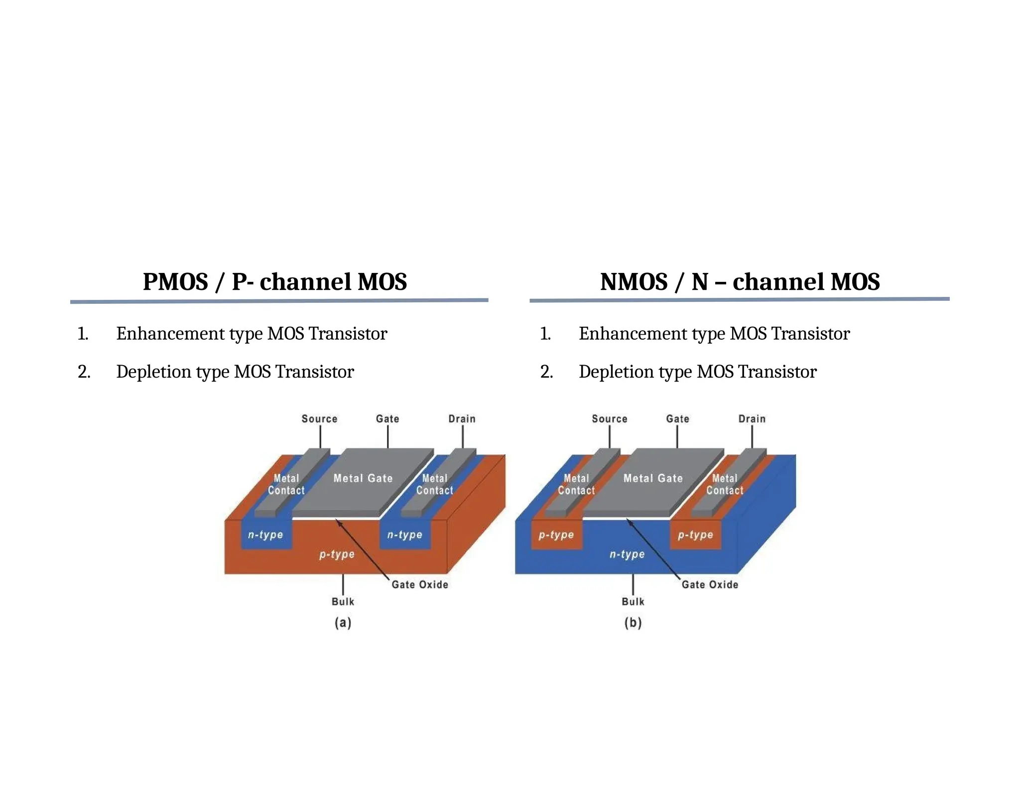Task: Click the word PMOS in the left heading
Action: pos(175,282)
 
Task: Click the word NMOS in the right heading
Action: pos(634,282)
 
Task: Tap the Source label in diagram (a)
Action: pos(319,419)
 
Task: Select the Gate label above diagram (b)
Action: pos(677,419)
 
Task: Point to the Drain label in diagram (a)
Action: pos(462,419)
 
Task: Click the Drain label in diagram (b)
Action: pos(752,419)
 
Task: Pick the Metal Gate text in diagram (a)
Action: pos(363,478)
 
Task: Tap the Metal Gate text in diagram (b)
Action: pos(653,478)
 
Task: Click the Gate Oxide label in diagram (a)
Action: pos(420,585)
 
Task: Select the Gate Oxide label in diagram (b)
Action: pos(710,585)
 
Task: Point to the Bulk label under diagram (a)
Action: pos(343,602)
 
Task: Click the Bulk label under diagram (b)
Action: pos(633,602)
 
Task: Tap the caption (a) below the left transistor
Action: pos(343,623)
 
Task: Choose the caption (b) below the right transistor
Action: pos(633,623)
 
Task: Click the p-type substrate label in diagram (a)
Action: pos(337,554)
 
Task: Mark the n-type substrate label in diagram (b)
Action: pos(627,554)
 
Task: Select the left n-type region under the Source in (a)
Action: pos(265,535)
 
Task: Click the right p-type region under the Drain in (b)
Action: pos(695,535)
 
